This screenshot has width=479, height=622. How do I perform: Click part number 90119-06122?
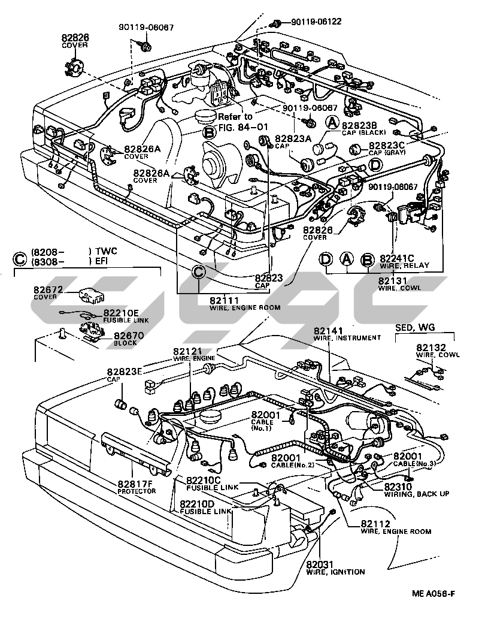coord(316,22)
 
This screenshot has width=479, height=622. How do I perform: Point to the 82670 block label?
coord(128,336)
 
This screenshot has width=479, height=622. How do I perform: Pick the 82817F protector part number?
coord(135,484)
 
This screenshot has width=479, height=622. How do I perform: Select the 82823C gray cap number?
coord(387,145)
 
